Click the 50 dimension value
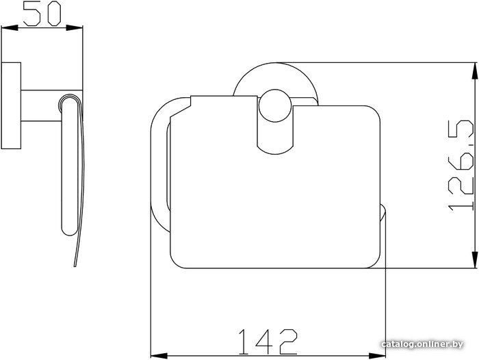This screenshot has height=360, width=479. click(42, 14)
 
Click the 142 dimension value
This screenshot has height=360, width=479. click(268, 342)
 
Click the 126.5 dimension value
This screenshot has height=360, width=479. click(461, 166)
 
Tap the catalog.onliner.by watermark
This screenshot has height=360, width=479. click(422, 344)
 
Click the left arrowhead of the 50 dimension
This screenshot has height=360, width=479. click(10, 28)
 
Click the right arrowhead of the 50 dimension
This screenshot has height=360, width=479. click(75, 28)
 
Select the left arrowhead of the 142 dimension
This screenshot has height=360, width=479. click(159, 356)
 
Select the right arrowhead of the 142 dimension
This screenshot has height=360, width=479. click(377, 356)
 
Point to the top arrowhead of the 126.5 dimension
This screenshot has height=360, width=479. click(474, 71)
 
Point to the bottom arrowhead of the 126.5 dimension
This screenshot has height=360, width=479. click(474, 260)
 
